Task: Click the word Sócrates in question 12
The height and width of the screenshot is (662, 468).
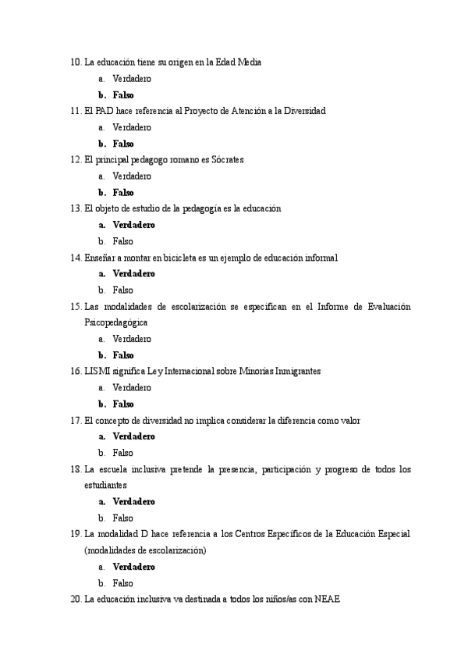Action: (225, 160)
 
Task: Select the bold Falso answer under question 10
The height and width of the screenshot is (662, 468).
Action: (123, 95)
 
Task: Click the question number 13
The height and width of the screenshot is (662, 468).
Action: (76, 208)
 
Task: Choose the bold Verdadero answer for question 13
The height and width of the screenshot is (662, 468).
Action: (133, 225)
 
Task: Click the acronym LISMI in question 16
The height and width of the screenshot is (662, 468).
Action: (98, 372)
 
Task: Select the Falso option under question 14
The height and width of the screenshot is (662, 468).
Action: (122, 290)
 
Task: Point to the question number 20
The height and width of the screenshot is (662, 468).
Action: (76, 600)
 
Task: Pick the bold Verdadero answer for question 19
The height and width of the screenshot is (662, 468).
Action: (133, 567)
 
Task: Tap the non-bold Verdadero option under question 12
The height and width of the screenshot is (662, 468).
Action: (132, 176)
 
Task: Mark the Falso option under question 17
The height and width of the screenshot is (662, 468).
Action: (122, 453)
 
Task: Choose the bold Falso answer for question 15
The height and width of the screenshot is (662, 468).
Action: (123, 355)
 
